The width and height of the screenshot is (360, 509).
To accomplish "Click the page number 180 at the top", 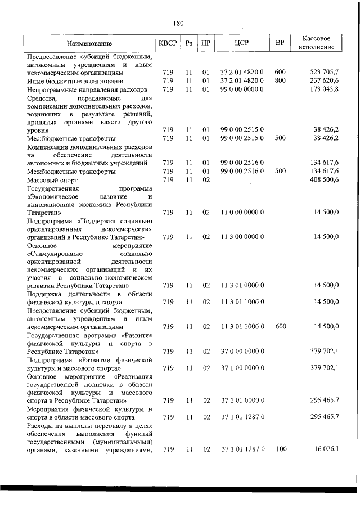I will [178, 23].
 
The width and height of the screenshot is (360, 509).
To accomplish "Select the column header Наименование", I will [88, 43].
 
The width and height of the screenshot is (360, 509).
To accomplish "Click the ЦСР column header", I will [242, 43].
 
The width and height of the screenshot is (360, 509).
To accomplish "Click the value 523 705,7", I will [325, 73].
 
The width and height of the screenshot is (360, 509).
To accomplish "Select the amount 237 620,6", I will [325, 81].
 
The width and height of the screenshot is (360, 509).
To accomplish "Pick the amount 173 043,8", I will [325, 89].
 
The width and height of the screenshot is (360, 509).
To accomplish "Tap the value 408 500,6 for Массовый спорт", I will [325, 179].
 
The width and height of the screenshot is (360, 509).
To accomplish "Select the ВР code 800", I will [280, 81].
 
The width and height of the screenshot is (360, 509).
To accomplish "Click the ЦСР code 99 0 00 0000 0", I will [242, 89].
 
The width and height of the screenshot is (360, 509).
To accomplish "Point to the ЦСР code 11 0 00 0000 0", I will [242, 213].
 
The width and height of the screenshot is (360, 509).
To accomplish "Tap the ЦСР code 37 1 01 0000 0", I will [242, 400].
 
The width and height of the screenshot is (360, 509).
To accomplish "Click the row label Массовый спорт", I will [52, 179].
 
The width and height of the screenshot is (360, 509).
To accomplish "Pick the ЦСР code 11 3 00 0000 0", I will [242, 237].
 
